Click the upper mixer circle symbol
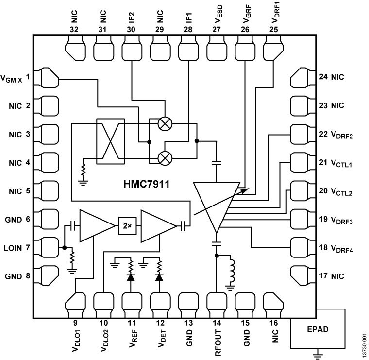166,124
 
